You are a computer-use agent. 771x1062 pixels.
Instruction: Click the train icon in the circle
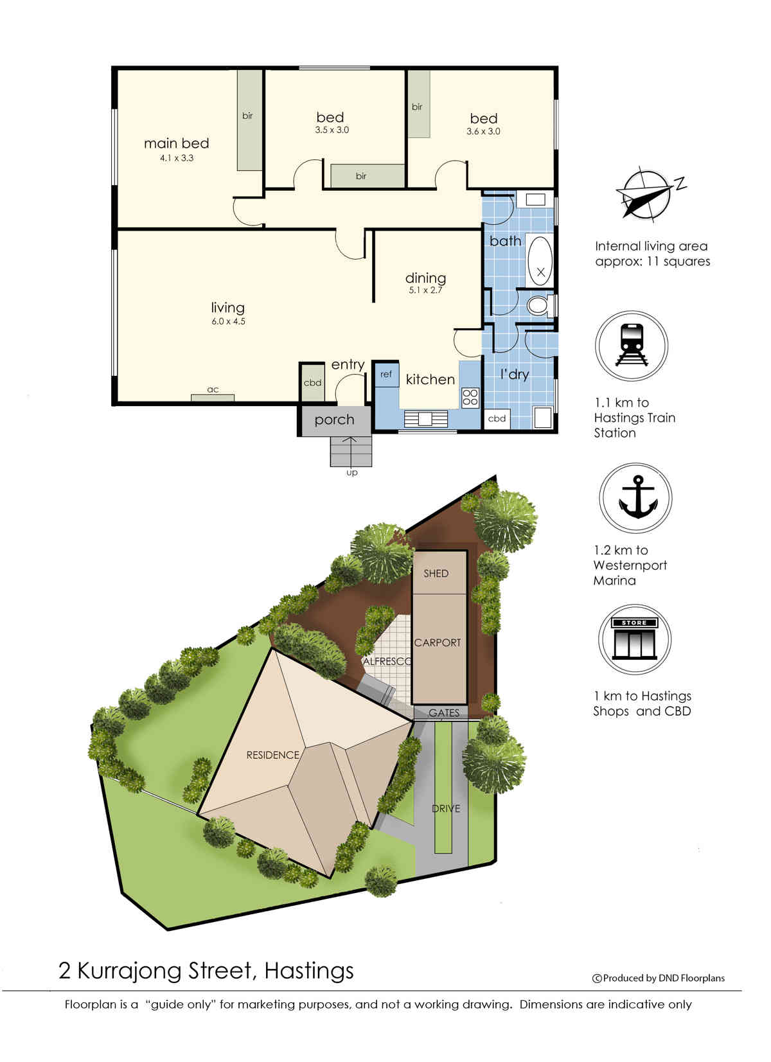point(631,344)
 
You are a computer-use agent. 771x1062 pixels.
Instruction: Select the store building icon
point(634,638)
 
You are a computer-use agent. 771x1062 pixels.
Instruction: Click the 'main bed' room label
point(177,143)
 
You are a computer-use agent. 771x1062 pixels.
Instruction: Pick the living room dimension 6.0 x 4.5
point(228,321)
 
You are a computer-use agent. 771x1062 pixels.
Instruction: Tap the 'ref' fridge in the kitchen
point(386,375)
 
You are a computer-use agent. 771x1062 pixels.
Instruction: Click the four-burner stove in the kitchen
point(470,398)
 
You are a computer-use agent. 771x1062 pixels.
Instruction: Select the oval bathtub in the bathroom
point(540,260)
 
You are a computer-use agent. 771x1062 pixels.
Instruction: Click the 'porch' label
point(334,420)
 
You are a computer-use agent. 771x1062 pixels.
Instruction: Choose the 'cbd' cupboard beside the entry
point(312,383)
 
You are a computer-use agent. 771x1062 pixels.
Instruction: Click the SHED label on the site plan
point(436,574)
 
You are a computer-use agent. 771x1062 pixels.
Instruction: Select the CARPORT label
point(437,643)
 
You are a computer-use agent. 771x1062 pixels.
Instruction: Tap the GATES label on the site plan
point(444,712)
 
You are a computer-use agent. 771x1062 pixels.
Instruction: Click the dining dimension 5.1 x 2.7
point(425,290)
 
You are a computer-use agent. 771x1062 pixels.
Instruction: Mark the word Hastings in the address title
point(309,971)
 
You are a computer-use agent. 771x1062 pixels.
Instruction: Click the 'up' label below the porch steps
point(352,473)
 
